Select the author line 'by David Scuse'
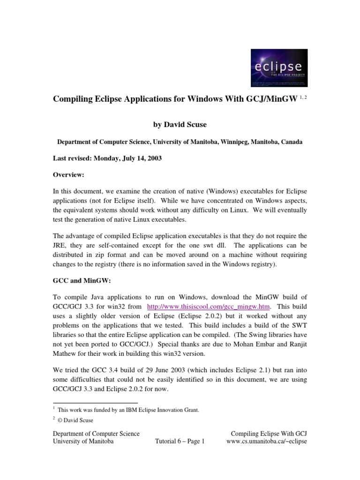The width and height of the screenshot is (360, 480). pos(180,125)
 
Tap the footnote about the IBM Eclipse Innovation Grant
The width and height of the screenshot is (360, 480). pos(128,410)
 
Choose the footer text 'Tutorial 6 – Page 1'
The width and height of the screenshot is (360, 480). pos(180,442)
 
